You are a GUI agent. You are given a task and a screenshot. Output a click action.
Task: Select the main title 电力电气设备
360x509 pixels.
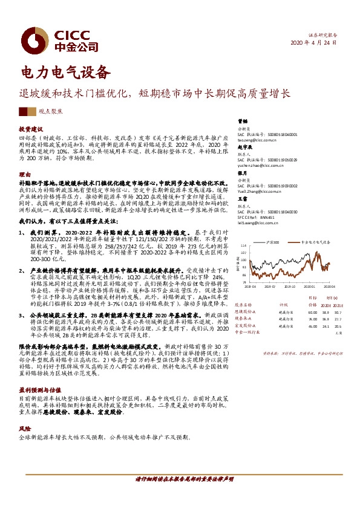point(66,72)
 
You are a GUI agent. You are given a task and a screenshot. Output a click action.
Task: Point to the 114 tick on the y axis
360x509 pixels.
point(243,245)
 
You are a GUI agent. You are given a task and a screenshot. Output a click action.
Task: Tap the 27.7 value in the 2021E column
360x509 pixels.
point(338,313)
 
